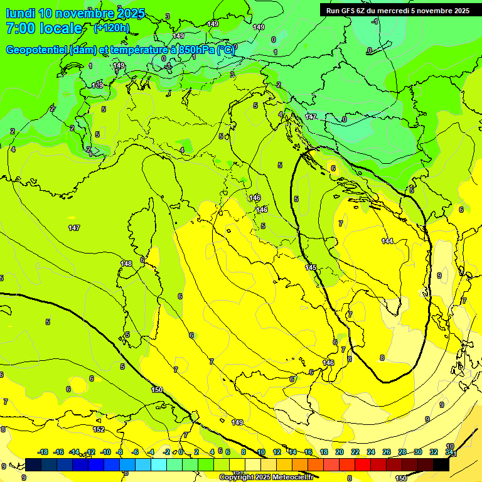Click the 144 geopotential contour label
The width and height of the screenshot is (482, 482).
coord(387,241)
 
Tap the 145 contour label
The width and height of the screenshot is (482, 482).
coord(311,267)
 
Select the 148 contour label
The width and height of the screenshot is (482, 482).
coord(126,264)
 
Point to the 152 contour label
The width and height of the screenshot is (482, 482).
coord(99,429)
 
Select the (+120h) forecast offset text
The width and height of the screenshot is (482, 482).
coord(112,28)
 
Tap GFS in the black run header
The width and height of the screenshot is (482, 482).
coord(350,11)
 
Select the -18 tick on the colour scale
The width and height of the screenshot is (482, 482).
coord(43,452)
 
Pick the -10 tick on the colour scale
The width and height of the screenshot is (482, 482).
coord(105,452)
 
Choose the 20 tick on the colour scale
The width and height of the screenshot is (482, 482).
coord(340,452)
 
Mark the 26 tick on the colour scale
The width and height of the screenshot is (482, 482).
coord(387,452)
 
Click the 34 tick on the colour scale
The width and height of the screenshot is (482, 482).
coord(449,452)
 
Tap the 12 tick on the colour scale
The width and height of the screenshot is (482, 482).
coord(277,452)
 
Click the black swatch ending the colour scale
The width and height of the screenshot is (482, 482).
coord(441,464)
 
